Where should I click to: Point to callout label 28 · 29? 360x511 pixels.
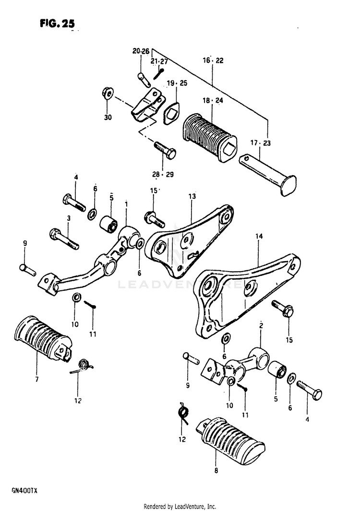(163, 174)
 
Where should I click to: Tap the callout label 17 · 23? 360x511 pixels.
(261, 143)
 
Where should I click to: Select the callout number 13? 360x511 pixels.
(192, 197)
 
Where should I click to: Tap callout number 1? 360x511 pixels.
(126, 204)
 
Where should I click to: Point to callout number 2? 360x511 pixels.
(261, 326)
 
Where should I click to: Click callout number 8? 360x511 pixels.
(216, 471)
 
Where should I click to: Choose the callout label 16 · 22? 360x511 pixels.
(213, 61)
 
